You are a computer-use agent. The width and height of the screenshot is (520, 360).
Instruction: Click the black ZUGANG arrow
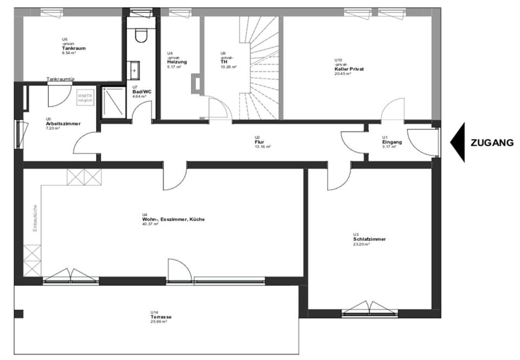[458, 142]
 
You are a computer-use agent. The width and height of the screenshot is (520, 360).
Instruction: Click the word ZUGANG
[492, 143]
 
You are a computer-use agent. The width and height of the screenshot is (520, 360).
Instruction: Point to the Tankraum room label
[74, 48]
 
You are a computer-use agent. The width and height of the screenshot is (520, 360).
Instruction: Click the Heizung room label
[177, 62]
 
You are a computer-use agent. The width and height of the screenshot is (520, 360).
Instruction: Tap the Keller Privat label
[349, 69]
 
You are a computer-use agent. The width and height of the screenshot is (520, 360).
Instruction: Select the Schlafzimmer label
[369, 239]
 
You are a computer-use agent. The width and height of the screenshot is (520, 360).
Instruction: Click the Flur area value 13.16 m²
[263, 147]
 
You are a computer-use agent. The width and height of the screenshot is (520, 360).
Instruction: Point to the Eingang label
[392, 142]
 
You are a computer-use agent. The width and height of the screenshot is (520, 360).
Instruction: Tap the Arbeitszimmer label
[63, 123]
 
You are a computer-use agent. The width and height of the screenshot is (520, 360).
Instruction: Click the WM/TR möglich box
[86, 97]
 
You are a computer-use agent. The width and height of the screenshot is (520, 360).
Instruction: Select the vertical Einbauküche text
[35, 218]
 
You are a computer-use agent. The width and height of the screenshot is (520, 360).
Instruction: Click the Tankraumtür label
[61, 79]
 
